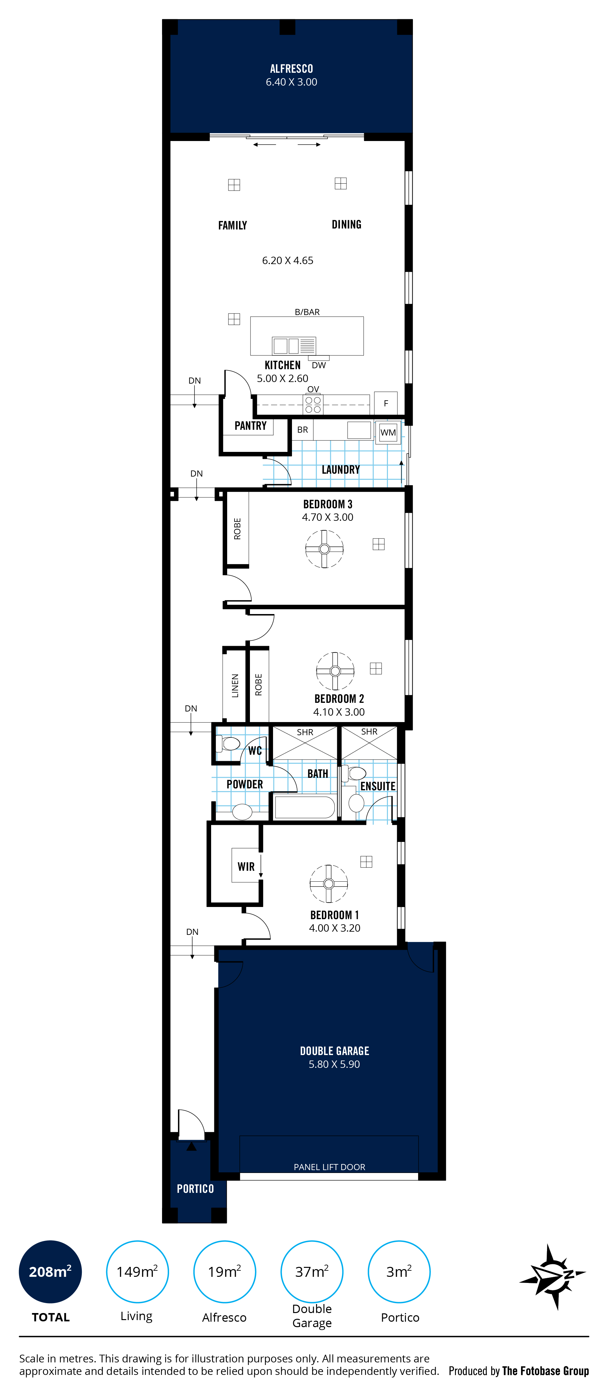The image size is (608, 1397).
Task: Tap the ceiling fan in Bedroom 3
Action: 325,549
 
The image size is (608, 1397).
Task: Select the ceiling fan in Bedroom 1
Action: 329,884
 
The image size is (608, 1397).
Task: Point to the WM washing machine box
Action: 388,432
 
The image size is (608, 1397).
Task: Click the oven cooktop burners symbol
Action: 313,404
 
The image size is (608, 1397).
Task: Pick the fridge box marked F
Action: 386,403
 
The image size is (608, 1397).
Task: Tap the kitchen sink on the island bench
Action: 294,345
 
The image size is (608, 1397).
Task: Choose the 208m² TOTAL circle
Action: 50,1272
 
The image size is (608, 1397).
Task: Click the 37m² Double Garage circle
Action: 312,1272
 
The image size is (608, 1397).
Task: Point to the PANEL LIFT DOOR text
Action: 330,1167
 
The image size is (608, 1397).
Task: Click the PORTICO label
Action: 195,1189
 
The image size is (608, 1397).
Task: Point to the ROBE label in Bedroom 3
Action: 237,529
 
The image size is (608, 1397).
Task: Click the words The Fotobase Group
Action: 545,1371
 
